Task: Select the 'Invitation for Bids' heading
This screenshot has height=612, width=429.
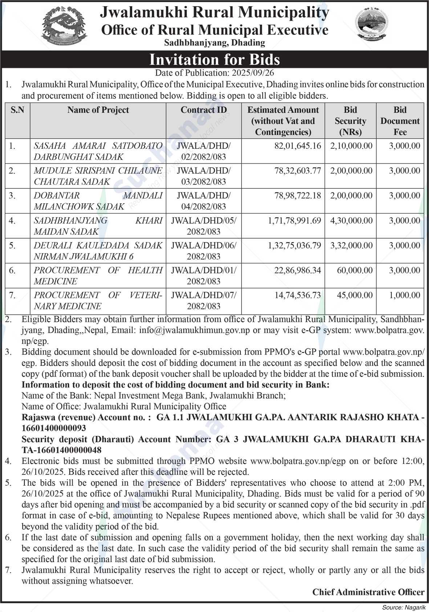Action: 215,59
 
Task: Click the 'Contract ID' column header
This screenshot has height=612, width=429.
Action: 203,110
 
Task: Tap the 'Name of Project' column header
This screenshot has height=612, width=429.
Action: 98,110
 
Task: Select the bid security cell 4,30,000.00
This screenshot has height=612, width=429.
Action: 351,221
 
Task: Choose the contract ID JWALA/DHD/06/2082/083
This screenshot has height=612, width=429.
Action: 203,251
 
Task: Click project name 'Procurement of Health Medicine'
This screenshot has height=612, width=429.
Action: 98,276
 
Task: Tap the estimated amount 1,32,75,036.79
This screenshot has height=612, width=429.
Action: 295,246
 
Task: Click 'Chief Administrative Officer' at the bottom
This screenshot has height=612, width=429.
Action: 368,592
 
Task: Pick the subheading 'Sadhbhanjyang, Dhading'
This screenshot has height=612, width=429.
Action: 214,43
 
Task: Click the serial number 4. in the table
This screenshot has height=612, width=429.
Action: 12,221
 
